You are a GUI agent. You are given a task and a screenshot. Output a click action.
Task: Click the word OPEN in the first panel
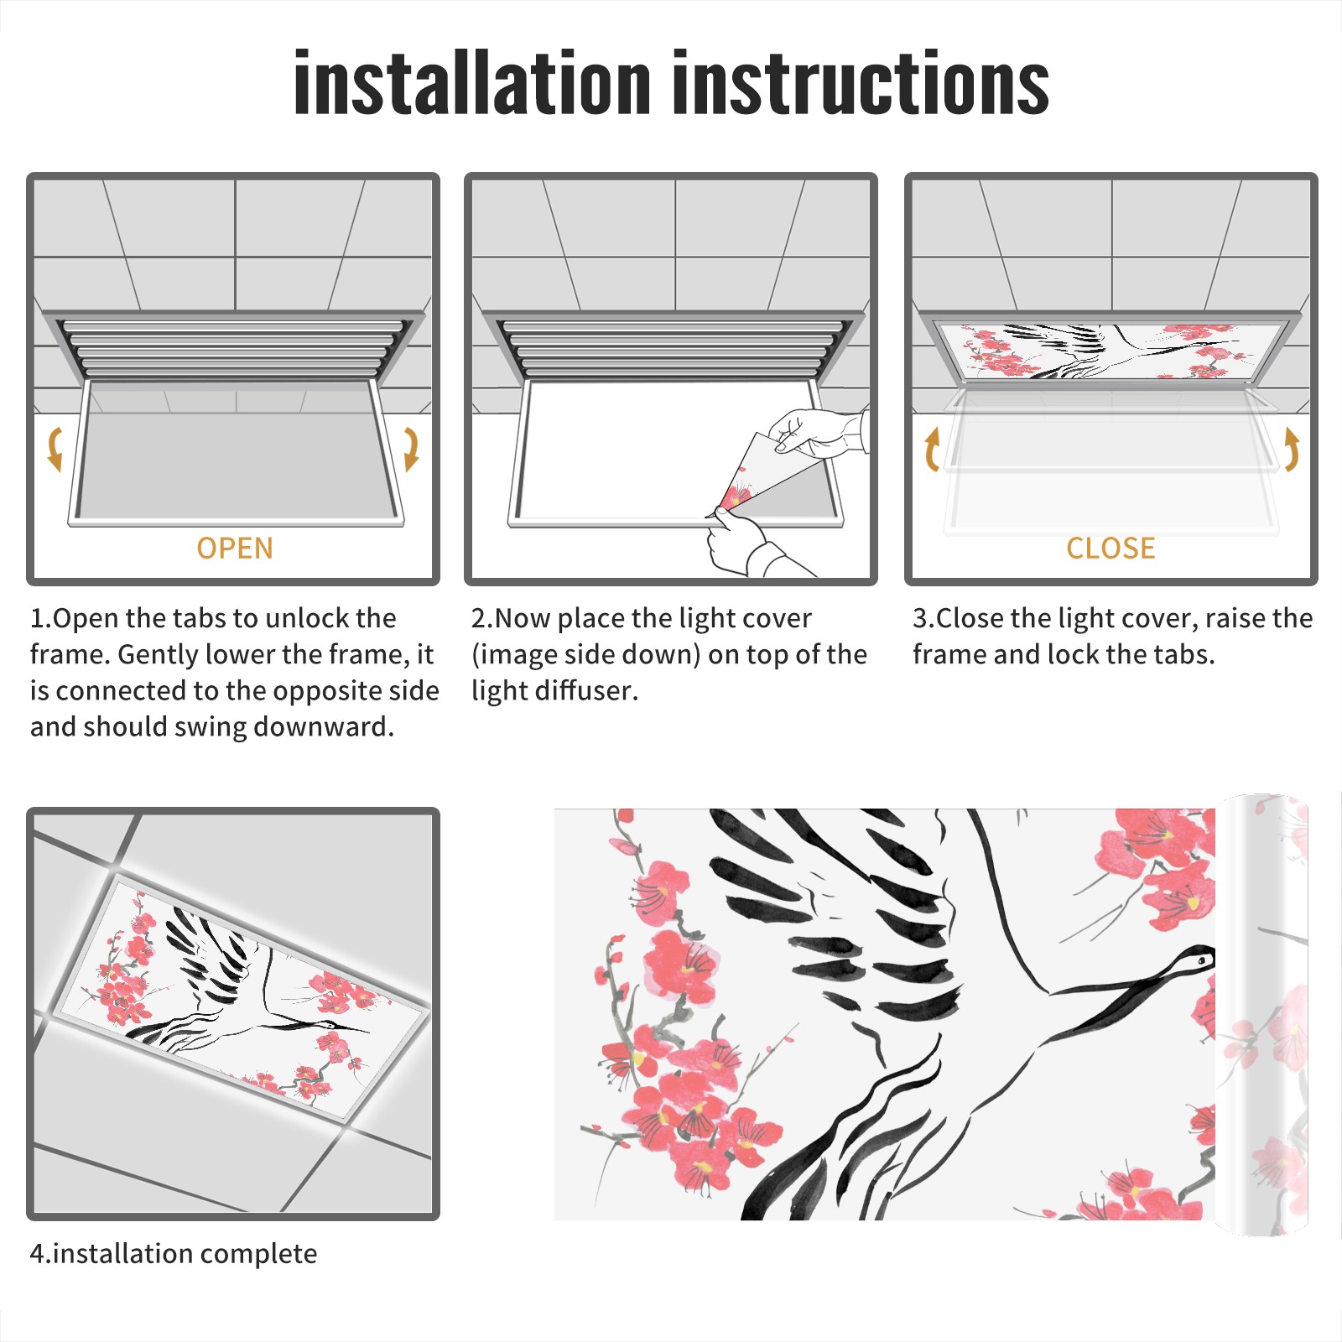click(x=235, y=548)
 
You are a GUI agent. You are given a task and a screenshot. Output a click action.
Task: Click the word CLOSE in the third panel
click(x=1111, y=548)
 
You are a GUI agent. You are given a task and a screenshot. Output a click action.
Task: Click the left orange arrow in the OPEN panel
click(x=55, y=449)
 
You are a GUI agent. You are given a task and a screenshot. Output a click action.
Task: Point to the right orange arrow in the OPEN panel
click(x=411, y=449)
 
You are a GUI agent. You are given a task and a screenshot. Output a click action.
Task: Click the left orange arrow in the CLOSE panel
click(x=932, y=449)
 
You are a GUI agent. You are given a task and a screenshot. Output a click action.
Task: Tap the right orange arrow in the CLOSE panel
click(x=1292, y=449)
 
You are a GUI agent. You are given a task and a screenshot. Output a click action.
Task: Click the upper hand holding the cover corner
click(x=818, y=432)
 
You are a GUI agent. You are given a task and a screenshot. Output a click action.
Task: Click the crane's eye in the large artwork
click(x=1201, y=959)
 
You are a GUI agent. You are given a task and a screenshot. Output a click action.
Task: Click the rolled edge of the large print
click(x=1262, y=1015)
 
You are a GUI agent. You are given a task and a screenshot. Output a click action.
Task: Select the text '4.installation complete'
click(x=174, y=1253)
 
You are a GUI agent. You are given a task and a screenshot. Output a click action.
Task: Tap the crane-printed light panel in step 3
click(x=1111, y=351)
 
